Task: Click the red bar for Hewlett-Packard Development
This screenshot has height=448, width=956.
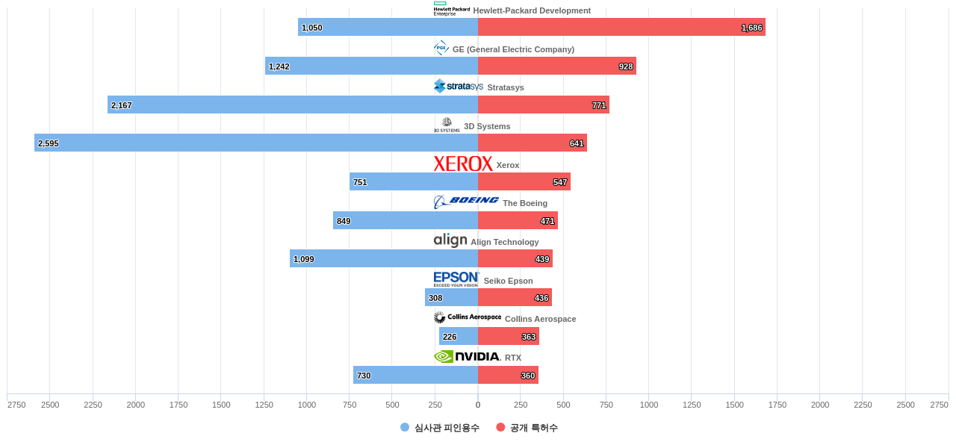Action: pyautogui.click(x=621, y=27)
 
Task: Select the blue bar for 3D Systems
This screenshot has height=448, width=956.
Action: pyautogui.click(x=256, y=143)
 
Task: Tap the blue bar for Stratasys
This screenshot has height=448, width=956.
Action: pyautogui.click(x=293, y=105)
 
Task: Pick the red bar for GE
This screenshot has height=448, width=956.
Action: pyautogui.click(x=557, y=66)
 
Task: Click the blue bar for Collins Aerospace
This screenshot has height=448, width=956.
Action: pyautogui.click(x=459, y=336)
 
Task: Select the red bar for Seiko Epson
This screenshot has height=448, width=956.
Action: pyautogui.click(x=515, y=297)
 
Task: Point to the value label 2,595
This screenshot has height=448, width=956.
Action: pyautogui.click(x=49, y=143)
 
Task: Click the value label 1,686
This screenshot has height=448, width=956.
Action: pyautogui.click(x=752, y=28)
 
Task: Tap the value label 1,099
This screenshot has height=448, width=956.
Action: pyautogui.click(x=304, y=259)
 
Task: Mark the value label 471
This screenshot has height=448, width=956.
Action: pyautogui.click(x=547, y=221)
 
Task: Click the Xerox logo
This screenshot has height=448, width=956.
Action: pyautogui.click(x=463, y=164)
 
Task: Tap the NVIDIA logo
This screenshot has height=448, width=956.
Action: pyautogui.click(x=467, y=357)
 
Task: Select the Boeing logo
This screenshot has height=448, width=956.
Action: pyautogui.click(x=466, y=202)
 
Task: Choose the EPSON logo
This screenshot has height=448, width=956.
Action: pyautogui.click(x=456, y=279)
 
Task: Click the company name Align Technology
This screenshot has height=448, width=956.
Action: pyautogui.click(x=504, y=242)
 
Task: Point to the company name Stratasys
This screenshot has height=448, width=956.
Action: pyautogui.click(x=506, y=87)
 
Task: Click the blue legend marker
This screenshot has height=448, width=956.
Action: pyautogui.click(x=405, y=427)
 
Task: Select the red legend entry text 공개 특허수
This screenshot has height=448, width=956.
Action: pyautogui.click(x=533, y=428)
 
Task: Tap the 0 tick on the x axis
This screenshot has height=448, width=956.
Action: pyautogui.click(x=478, y=405)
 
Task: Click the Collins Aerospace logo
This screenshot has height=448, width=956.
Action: pyautogui.click(x=468, y=317)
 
